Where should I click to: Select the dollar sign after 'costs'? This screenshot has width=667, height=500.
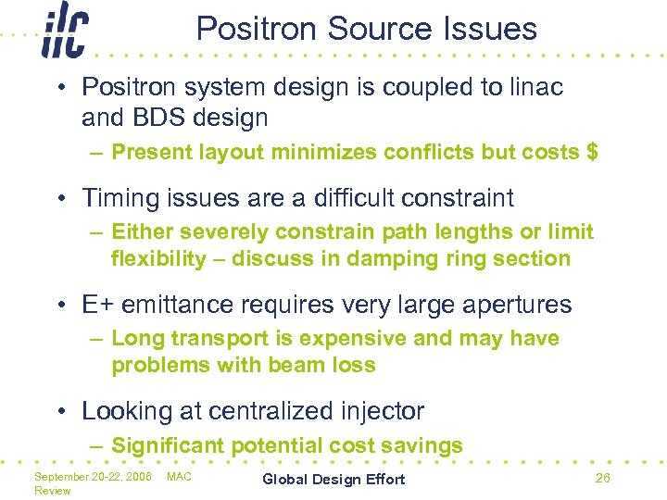[x=592, y=152]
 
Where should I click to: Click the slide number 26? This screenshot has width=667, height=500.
[x=602, y=478]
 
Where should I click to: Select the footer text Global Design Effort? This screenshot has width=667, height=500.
[x=333, y=479]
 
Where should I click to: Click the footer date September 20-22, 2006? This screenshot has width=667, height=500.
[x=93, y=476]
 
